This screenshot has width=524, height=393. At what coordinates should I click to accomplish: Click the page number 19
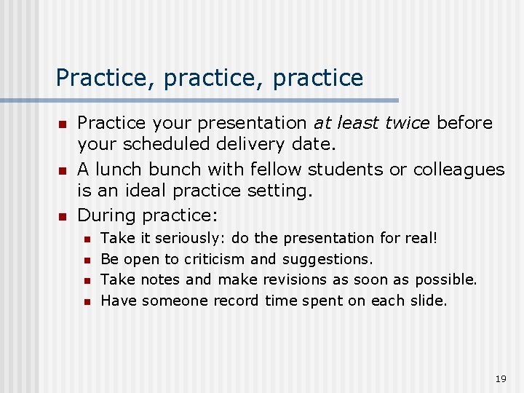click(500, 379)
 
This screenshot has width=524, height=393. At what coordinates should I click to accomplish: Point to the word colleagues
click(458, 170)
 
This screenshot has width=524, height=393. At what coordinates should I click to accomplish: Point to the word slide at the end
click(429, 301)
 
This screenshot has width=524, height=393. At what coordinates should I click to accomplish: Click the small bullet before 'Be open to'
click(87, 260)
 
